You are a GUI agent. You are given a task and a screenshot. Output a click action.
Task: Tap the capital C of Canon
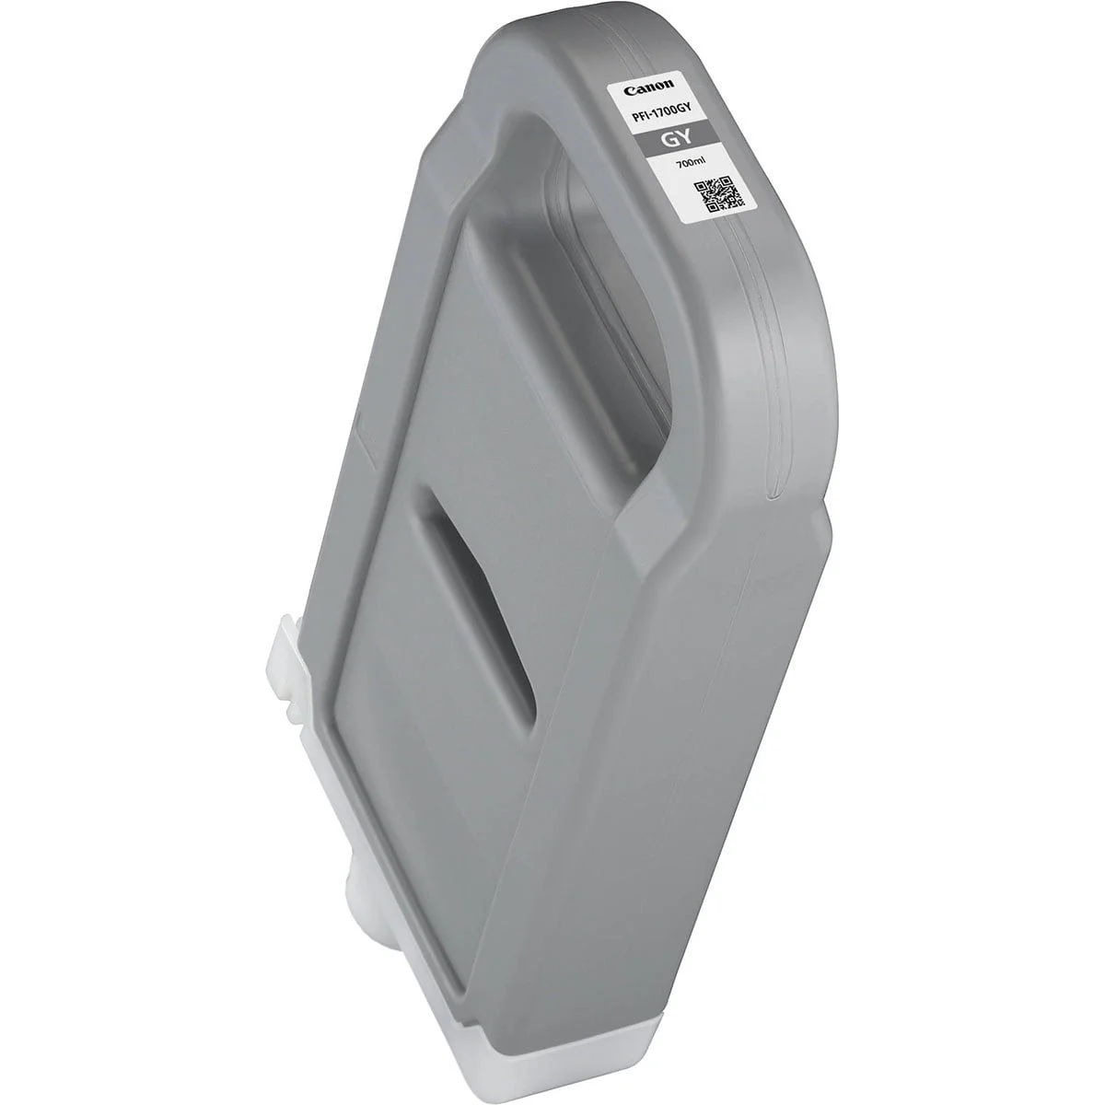[x=628, y=90]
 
